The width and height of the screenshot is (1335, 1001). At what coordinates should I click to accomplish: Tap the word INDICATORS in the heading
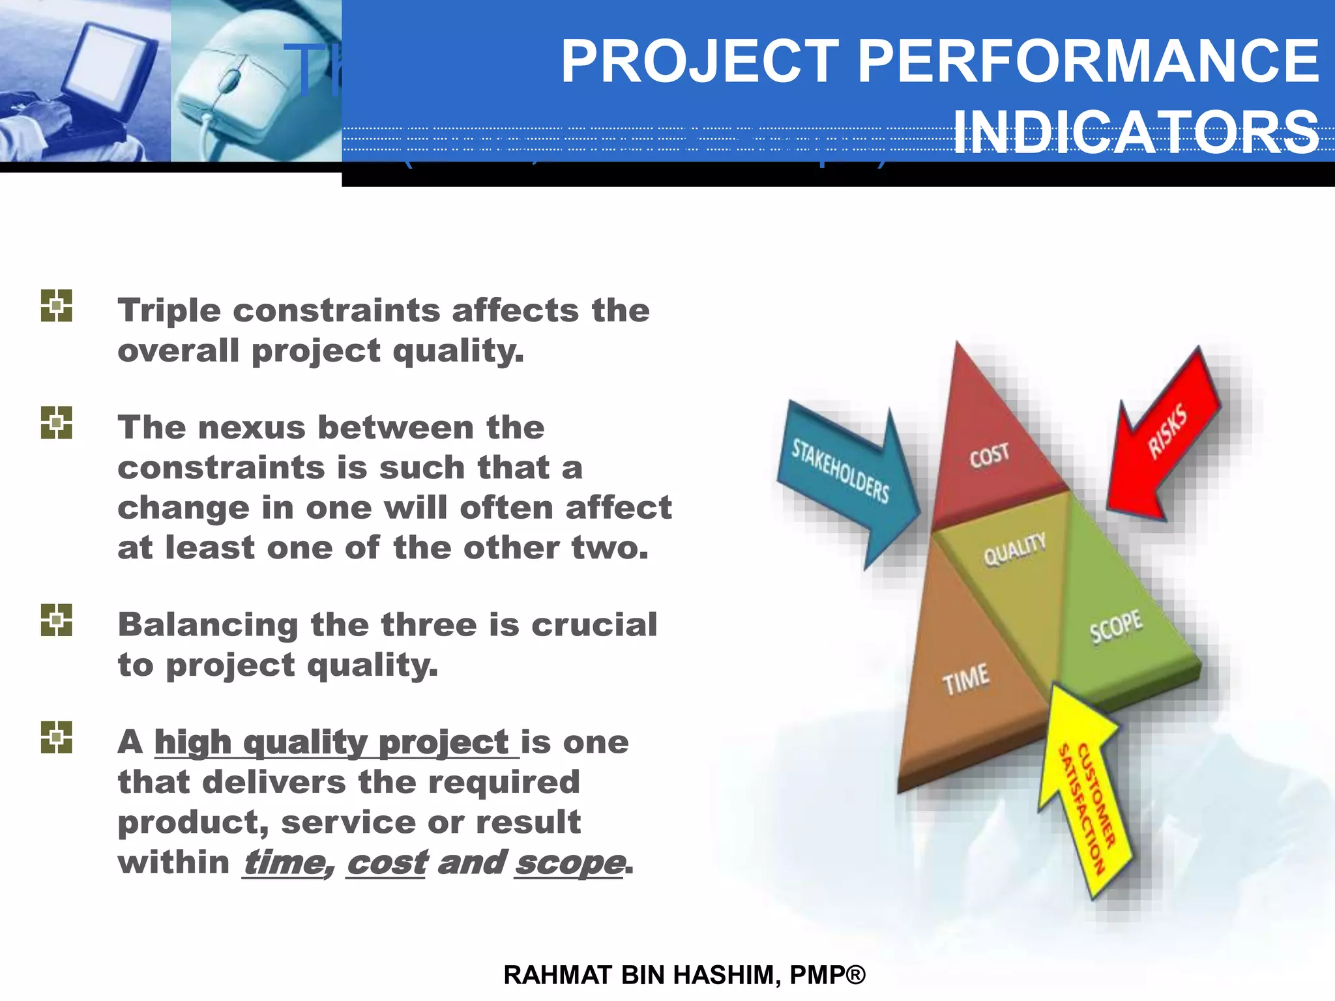[x=1136, y=132]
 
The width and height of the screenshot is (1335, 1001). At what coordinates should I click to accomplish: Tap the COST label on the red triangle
[x=988, y=456]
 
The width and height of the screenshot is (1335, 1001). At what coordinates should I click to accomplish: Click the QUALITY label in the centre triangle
[x=1014, y=549]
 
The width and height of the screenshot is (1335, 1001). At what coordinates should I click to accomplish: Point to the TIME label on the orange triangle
[x=965, y=679]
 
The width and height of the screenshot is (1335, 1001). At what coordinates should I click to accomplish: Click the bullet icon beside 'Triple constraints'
[x=57, y=306]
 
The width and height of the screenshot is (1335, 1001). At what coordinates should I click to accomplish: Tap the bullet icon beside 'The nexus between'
[x=57, y=423]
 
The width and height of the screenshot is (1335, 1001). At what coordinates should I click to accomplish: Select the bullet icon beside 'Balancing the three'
[x=57, y=620]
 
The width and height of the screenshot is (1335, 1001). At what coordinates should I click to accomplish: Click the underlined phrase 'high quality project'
[x=331, y=742]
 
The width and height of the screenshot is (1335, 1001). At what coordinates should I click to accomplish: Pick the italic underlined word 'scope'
[x=569, y=863]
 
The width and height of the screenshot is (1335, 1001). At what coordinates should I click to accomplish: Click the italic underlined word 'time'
[x=284, y=863]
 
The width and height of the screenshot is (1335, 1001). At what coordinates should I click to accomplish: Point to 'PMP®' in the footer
[x=827, y=975]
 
